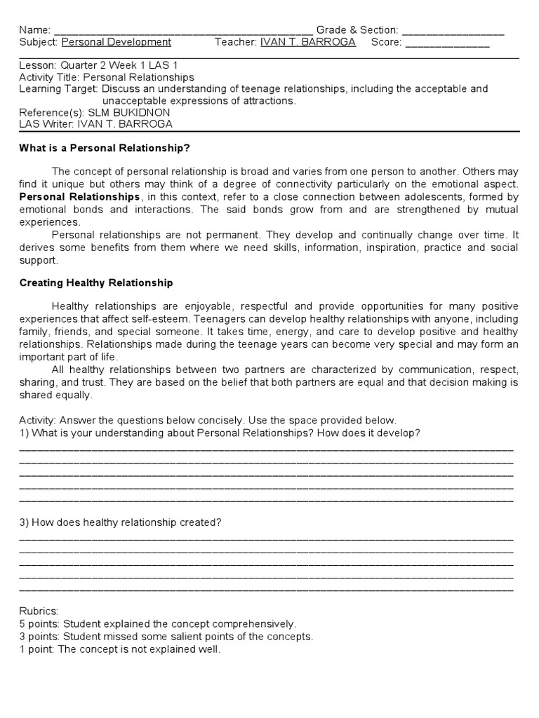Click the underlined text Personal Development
click(116, 42)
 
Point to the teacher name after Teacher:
click(307, 42)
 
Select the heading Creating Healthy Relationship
click(95, 283)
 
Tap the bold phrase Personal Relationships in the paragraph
click(79, 197)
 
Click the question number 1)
click(24, 433)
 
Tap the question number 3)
click(24, 523)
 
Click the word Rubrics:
click(39, 611)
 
